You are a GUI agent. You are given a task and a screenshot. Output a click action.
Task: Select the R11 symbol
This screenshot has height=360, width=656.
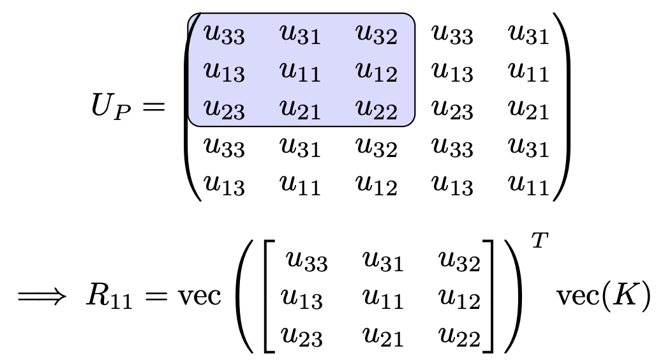108,299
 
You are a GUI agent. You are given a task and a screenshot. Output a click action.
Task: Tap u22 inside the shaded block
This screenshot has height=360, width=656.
376,110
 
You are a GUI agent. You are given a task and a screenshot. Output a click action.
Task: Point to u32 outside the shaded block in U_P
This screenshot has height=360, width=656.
376,148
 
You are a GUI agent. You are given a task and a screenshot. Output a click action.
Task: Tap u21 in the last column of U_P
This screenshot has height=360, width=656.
528,110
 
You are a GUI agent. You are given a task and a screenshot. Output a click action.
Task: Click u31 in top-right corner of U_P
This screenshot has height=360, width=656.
528,34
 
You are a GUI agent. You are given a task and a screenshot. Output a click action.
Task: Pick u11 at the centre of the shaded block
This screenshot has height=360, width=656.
300,72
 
